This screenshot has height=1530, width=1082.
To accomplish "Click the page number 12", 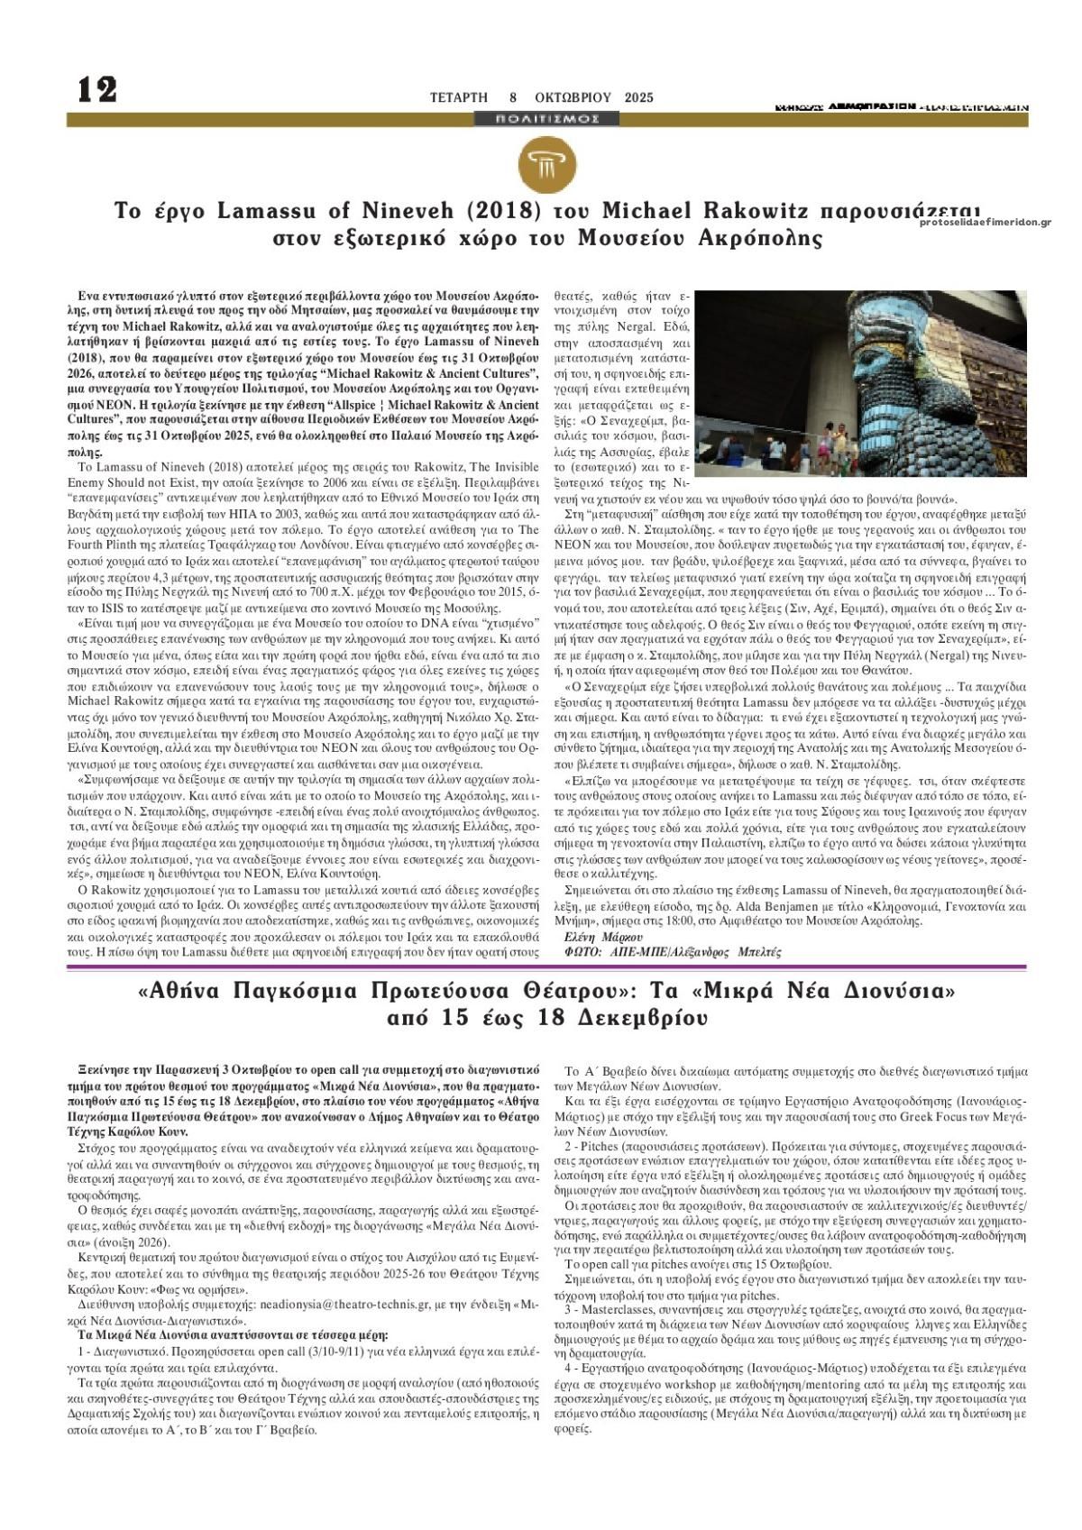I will [x=97, y=90].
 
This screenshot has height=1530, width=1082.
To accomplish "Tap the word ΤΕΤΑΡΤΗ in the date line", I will [x=458, y=97].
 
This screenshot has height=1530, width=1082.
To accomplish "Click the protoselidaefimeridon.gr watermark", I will [x=986, y=223].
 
